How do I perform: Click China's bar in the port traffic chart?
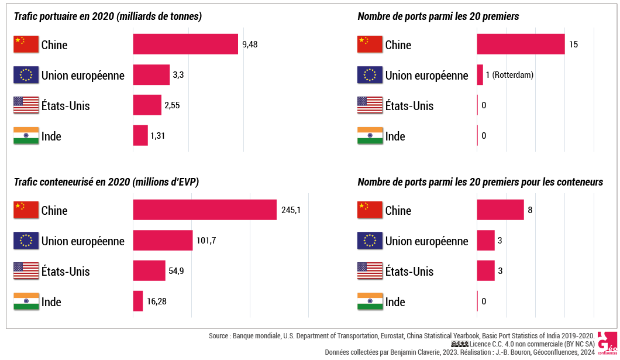(185, 44)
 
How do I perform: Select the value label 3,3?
(178, 75)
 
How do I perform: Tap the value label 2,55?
(172, 105)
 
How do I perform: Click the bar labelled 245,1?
(205, 210)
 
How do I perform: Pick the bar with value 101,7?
(163, 241)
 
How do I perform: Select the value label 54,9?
(177, 271)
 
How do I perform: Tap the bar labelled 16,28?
(138, 301)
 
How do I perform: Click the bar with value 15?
(521, 44)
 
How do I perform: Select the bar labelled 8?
(500, 210)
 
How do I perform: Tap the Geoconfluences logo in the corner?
(607, 344)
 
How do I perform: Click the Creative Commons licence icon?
(460, 344)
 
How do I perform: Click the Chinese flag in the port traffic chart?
(26, 44)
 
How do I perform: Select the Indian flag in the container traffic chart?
(26, 301)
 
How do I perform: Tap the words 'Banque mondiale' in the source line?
(256, 336)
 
